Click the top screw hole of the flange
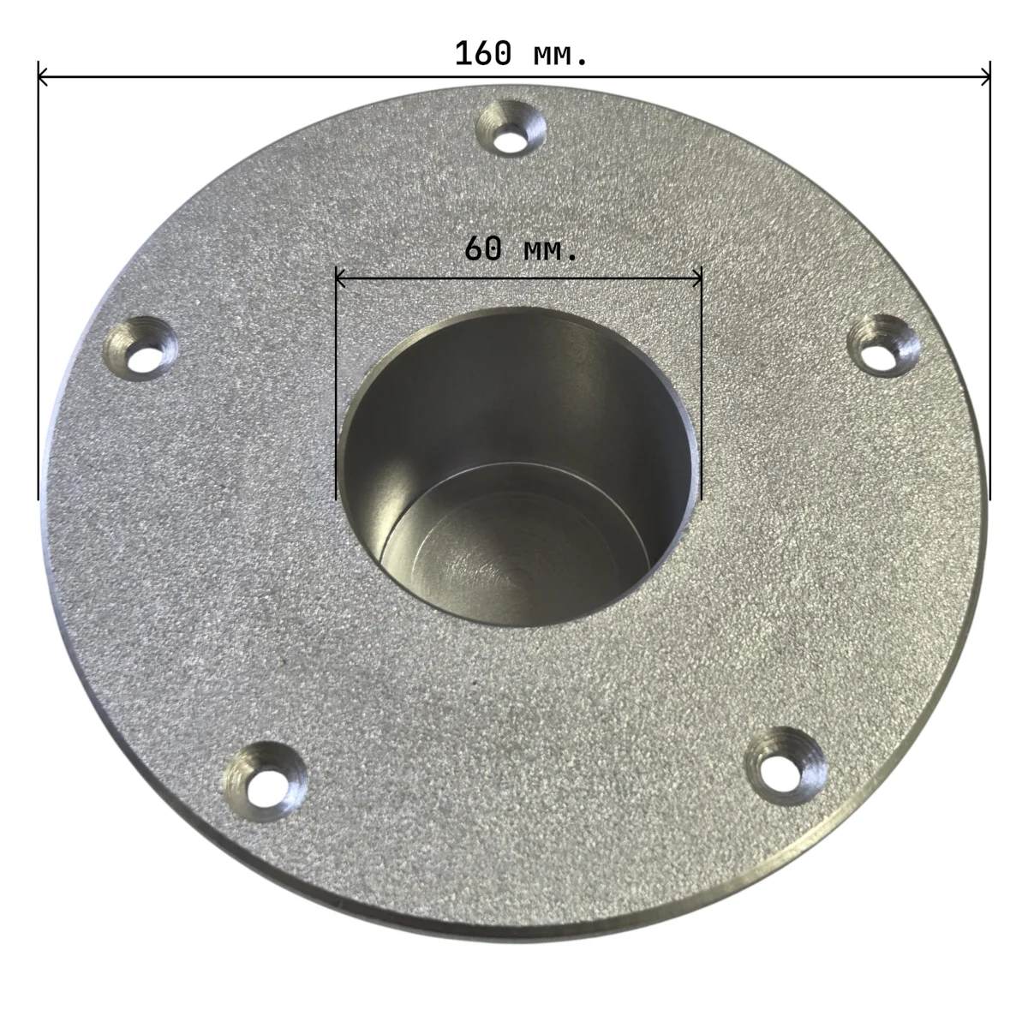511,129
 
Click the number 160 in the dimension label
483,54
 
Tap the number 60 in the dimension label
483,248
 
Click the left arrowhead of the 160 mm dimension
43,77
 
